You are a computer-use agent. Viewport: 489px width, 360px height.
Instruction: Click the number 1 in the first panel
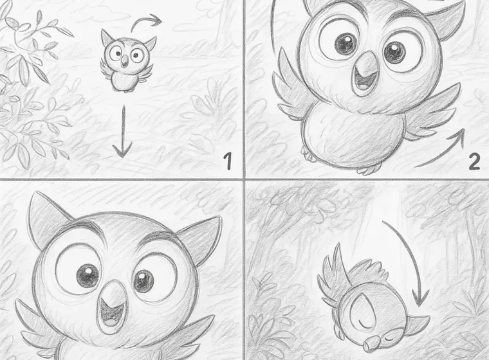(x=226, y=161)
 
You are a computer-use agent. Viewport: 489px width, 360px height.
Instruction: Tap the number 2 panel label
(x=474, y=161)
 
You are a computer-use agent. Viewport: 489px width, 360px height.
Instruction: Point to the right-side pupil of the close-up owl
(x=143, y=281)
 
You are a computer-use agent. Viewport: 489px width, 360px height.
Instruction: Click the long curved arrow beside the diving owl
(x=412, y=264)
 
